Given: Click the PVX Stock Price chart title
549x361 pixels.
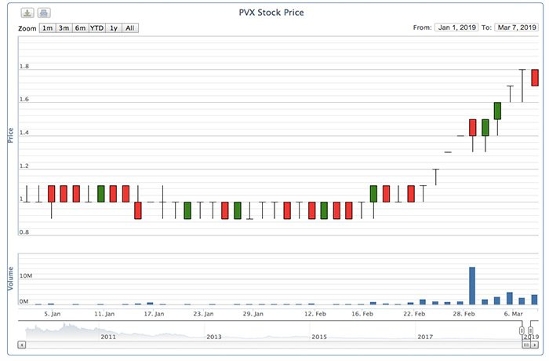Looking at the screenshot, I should tap(271, 13).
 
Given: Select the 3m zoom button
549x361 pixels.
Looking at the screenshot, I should tap(64, 28).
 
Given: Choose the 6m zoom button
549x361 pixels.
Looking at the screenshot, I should tap(80, 28).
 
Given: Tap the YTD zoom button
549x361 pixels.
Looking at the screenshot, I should tap(96, 28).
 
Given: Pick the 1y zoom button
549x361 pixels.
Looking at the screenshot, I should tap(114, 28).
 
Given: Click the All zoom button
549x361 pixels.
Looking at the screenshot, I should tap(130, 28).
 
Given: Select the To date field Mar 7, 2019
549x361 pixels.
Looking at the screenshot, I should tap(515, 28).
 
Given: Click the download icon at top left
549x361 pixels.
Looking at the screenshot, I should tap(27, 13).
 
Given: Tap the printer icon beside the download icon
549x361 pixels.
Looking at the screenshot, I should tap(44, 13).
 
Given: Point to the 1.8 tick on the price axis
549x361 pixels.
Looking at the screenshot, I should tap(24, 67).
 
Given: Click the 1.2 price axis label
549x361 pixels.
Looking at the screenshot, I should tap(24, 166).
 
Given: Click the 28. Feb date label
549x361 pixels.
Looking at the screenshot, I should tap(464, 314).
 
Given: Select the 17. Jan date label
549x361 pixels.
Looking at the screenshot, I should tap(154, 314).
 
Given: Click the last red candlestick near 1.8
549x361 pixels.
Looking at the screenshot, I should tap(535, 78).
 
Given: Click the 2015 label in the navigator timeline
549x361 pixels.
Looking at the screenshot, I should tap(319, 337).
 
